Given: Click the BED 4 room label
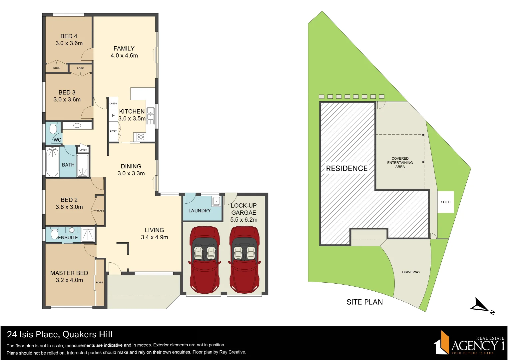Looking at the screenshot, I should [69, 36].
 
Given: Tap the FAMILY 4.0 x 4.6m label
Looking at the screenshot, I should [124, 52].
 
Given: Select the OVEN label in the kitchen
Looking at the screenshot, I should [113, 104].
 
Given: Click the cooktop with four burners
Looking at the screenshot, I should [141, 137].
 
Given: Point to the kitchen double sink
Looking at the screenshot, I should [151, 114].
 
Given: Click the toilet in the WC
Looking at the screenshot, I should [53, 128].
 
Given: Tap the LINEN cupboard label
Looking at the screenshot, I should [83, 150].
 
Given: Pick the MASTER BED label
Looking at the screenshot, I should [69, 273].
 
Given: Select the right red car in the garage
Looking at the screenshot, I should [245, 259].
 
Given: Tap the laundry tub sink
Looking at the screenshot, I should [216, 201].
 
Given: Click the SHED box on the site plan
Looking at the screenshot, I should [445, 202].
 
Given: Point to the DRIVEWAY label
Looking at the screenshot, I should [411, 272].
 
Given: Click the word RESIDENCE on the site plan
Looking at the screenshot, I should [347, 169].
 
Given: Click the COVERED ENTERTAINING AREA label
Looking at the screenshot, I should [400, 163].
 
